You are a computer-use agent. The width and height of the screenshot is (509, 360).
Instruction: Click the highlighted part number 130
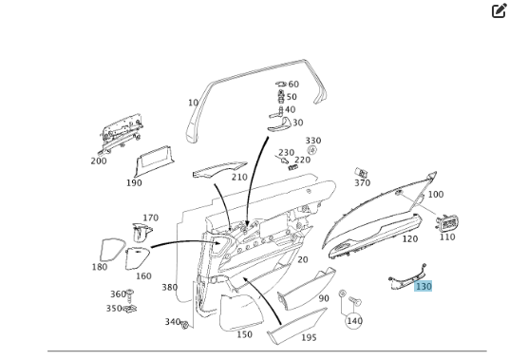click(424, 286)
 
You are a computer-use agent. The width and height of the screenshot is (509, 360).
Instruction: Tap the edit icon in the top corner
click(499, 10)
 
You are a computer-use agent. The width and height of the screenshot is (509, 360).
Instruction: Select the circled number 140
click(354, 321)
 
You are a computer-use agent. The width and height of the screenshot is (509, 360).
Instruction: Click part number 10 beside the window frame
click(193, 103)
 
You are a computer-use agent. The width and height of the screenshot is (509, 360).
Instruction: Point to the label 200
click(99, 161)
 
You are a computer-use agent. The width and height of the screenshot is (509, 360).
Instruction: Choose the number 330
click(313, 141)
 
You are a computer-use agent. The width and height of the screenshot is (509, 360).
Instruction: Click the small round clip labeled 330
click(311, 150)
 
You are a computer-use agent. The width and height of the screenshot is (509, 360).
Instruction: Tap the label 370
click(362, 183)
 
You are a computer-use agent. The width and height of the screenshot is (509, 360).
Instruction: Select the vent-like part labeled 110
click(447, 223)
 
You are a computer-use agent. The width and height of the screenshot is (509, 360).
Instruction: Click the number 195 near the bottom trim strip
click(309, 337)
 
